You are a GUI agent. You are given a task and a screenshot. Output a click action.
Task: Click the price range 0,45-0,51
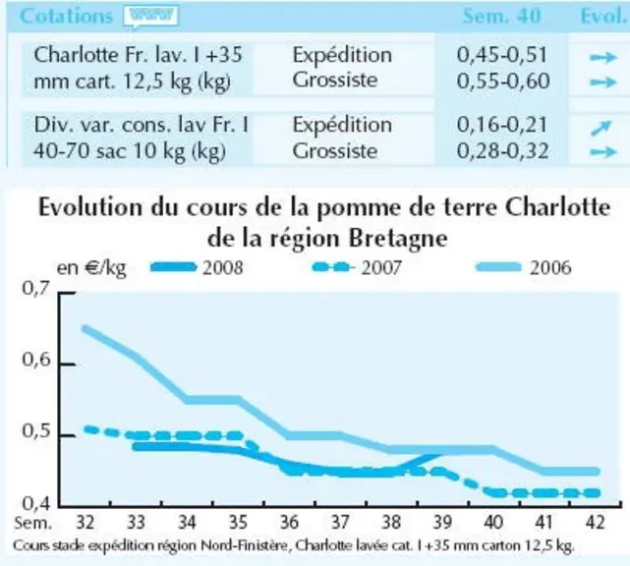click(502, 55)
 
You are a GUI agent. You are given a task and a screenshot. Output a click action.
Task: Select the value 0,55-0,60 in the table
click(503, 82)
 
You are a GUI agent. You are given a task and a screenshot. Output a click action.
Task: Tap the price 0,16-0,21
click(502, 125)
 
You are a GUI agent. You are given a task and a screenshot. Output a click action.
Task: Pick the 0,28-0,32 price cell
click(502, 151)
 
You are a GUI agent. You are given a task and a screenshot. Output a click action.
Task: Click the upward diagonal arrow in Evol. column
click(601, 128)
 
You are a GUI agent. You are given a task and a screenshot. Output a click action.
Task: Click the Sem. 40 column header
click(502, 17)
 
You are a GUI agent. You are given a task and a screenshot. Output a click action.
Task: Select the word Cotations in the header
click(66, 17)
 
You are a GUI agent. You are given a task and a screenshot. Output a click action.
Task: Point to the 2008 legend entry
click(197, 267)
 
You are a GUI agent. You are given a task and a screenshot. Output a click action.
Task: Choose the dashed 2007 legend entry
click(357, 267)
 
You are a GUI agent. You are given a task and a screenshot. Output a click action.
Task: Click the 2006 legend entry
click(523, 267)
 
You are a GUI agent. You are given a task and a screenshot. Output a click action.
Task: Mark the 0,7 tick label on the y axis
click(36, 289)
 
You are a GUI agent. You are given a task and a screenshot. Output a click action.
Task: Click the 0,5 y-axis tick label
click(36, 431)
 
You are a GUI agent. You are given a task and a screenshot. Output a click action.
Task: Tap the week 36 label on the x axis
click(289, 523)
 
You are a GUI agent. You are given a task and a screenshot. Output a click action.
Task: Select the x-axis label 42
click(596, 523)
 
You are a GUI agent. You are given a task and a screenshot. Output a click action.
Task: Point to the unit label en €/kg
click(91, 268)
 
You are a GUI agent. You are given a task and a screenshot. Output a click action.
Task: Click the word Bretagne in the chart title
click(398, 239)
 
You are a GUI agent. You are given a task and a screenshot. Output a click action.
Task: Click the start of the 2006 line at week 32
click(86, 329)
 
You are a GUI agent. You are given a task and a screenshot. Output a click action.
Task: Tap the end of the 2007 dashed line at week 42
click(597, 493)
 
